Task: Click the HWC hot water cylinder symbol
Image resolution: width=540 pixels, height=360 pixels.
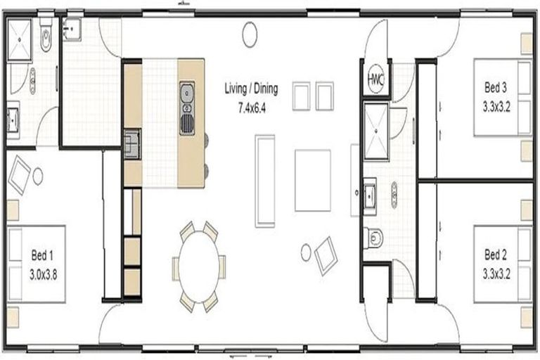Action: [375, 79]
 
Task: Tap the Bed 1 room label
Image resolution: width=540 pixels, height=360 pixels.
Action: [42, 255]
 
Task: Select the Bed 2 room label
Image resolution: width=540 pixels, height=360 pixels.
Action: [496, 255]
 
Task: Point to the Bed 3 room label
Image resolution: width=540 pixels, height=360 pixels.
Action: [496, 87]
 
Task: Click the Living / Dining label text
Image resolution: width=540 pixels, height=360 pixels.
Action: [251, 89]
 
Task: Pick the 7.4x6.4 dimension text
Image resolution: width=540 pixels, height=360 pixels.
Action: [252, 108]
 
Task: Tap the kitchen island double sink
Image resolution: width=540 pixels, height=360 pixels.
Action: [187, 108]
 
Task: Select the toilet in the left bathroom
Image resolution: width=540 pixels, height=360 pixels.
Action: [46, 34]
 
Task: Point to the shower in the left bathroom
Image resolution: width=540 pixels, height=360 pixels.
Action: [20, 40]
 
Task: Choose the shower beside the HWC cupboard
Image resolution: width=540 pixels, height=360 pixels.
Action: [376, 131]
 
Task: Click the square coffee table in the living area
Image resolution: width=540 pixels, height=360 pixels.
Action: [313, 180]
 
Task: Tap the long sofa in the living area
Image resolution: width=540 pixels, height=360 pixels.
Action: [265, 181]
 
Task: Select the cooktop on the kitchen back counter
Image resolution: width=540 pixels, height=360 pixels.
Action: [132, 144]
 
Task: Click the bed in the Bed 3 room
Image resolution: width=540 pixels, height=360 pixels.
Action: [503, 98]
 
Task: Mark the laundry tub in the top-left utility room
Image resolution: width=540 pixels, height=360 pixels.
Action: [72, 29]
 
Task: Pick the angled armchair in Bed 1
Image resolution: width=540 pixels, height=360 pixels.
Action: [20, 175]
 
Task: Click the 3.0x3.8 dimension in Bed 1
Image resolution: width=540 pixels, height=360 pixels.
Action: [44, 274]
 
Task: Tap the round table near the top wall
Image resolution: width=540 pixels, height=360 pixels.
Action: [250, 34]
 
